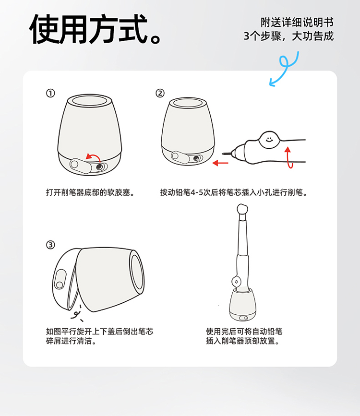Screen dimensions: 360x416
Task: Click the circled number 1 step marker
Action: pos(50,93)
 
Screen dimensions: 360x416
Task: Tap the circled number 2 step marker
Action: pos(160,93)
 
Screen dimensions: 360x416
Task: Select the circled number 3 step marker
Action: pos(50,245)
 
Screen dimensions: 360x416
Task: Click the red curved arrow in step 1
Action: pos(94,156)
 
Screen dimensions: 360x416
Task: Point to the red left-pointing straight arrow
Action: pos(220,163)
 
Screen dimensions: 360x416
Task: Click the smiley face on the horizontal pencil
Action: pos(269,139)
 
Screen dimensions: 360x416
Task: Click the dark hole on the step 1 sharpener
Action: pos(99,166)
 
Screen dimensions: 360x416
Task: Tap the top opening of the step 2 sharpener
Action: pos(188,103)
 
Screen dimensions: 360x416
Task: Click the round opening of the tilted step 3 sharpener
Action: pos(138,272)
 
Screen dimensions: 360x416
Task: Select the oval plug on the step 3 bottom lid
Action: pos(60,279)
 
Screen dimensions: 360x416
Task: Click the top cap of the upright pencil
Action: pos(242,209)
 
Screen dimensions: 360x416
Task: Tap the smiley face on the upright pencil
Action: pos(236,281)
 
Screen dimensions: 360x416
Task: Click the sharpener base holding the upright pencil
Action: pos(243,305)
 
